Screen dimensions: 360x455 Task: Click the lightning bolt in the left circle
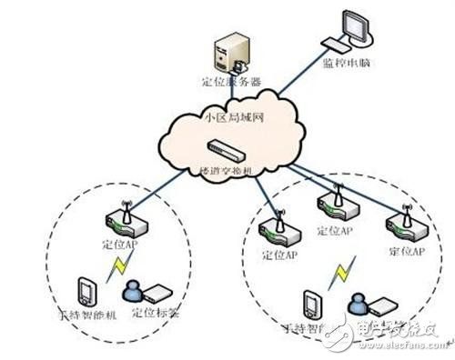coord(116,269)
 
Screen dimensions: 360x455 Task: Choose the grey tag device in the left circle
coord(157,294)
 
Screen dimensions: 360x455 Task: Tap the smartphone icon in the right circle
coord(312,303)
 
